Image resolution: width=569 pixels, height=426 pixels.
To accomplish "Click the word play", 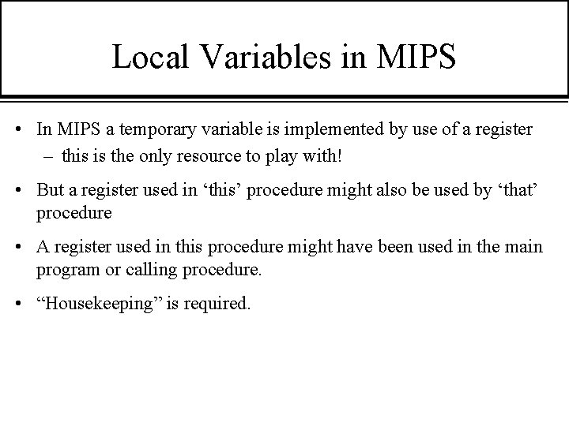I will click(293, 155).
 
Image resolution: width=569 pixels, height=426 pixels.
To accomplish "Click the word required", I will click(218, 303).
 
